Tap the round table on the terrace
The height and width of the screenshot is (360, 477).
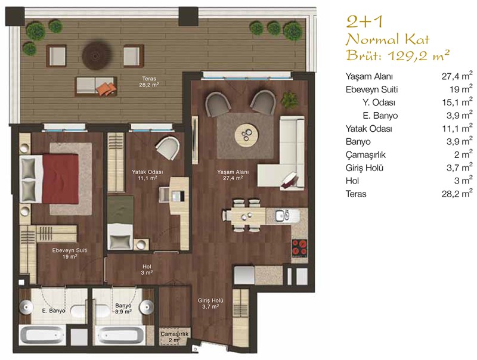[x=95, y=55]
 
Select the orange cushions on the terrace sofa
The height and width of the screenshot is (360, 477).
[x=106, y=88]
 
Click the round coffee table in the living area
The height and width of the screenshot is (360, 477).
[x=247, y=135]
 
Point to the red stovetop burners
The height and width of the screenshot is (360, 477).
[x=299, y=247]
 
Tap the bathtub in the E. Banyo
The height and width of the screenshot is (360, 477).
[x=42, y=335]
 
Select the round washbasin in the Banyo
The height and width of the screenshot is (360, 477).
[x=147, y=307]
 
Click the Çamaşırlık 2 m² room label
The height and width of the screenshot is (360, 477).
[x=175, y=337]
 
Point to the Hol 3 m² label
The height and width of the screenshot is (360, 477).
[x=147, y=269]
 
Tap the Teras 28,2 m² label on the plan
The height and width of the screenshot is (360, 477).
[x=149, y=82]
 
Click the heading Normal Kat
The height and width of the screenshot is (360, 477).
[x=388, y=39]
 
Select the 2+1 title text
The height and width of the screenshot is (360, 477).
[x=364, y=22]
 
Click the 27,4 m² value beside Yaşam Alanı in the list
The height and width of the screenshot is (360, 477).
[x=457, y=76]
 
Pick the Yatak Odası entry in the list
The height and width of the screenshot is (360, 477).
[x=368, y=129]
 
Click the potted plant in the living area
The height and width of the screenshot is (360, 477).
[x=289, y=100]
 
